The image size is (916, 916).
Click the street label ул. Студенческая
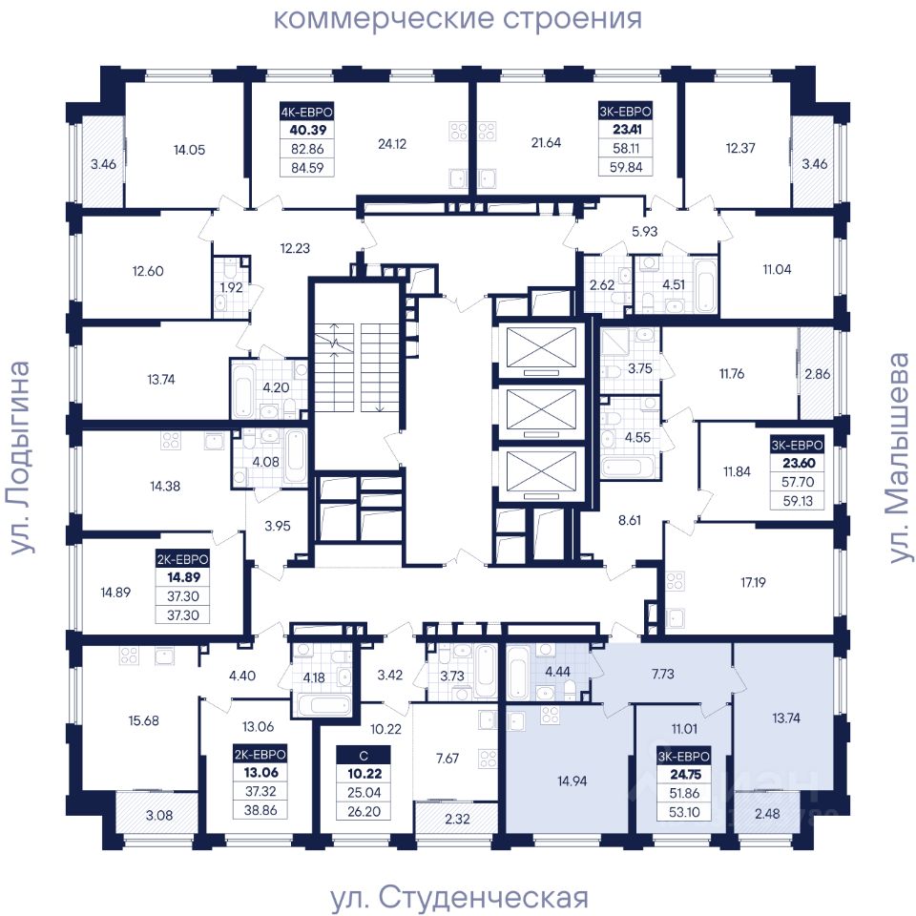coord(460,897)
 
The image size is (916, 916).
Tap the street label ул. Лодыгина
coord(19,457)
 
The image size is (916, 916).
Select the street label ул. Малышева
coord(899,457)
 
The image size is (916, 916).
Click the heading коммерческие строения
coord(457,18)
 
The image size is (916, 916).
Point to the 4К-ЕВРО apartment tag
coord(306,112)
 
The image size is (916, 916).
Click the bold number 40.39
coord(307,130)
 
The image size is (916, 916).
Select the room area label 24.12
coord(392,144)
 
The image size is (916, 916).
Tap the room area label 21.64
coord(546,142)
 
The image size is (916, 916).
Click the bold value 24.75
coord(685,775)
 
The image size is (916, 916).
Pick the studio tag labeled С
coord(364,756)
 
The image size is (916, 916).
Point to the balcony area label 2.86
coord(817,373)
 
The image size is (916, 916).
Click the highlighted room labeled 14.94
coord(572,781)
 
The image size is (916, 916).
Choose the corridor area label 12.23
coord(295,248)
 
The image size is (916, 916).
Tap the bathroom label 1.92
coord(231,287)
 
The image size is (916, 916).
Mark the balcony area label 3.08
coord(159,815)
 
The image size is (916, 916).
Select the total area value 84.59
coord(307,168)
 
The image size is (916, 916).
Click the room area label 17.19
coord(753,582)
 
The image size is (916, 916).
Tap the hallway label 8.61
coord(629,520)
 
